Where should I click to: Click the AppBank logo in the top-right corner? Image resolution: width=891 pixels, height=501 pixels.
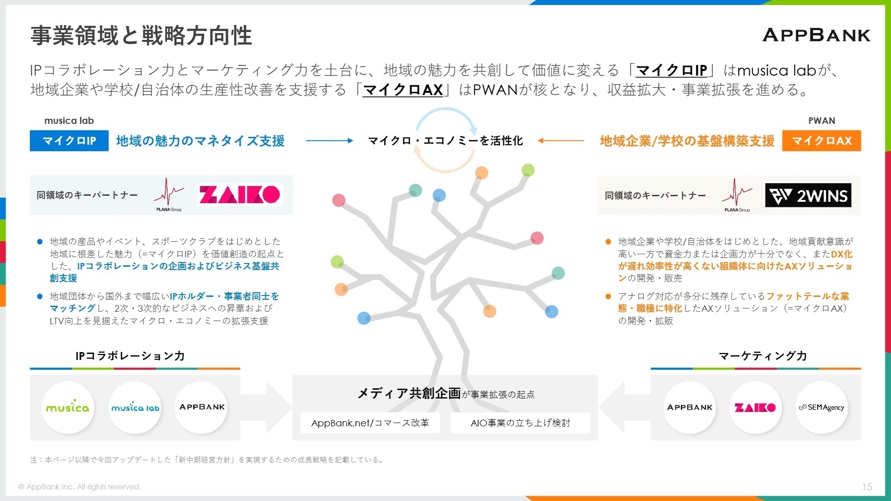pos(816,35)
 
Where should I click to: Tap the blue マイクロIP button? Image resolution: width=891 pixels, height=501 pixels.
pos(69,141)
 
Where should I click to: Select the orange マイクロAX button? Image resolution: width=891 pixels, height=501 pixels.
pos(821,141)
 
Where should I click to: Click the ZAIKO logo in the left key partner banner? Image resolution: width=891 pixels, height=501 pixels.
pos(240,195)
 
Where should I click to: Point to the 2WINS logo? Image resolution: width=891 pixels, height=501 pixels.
pos(808,195)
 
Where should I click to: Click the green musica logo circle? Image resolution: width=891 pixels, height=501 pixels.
pos(68,408)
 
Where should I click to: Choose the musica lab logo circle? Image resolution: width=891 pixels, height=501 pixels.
pos(135,408)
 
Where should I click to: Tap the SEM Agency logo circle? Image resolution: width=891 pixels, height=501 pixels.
pos(821,408)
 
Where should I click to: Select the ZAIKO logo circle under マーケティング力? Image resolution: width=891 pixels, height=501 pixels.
pos(755,408)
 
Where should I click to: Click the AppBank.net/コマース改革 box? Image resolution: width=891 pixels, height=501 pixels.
pos(370,423)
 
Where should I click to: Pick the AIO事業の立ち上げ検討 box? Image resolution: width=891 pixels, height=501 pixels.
pos(520,423)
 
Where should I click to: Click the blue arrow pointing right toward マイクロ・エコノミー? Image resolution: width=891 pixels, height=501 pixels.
pos(329,141)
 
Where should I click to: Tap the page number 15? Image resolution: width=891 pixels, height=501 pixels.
pos(867,487)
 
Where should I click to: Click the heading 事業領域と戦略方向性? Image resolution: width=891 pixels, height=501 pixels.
pos(141,36)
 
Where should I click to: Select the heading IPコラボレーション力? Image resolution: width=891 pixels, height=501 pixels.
pos(130,356)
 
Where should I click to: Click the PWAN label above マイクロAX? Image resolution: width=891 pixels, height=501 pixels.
pos(821,121)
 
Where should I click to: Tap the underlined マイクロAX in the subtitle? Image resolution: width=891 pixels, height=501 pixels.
pos(403,90)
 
